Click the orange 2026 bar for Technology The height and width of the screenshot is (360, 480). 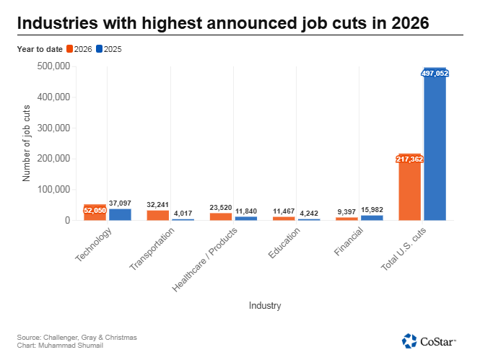(95, 212)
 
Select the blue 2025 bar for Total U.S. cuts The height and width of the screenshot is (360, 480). (435, 144)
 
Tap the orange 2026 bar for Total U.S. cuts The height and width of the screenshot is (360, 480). (409, 187)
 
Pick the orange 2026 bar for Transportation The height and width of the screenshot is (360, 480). (158, 215)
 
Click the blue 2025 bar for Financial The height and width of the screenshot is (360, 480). (372, 218)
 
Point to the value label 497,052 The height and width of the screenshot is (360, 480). (435, 74)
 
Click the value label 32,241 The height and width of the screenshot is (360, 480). (157, 205)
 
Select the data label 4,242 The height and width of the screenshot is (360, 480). (309, 213)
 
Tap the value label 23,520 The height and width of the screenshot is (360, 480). (221, 208)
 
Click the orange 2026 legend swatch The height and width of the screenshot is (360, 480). (69, 49)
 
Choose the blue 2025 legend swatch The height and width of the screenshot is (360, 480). (99, 49)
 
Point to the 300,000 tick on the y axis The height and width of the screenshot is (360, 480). (53, 128)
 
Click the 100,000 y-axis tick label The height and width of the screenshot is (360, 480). (53, 189)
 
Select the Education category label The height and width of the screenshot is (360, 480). (284, 243)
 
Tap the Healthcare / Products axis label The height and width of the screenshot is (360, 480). (204, 260)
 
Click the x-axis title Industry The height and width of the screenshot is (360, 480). (265, 305)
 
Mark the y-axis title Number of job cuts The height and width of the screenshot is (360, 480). (26, 143)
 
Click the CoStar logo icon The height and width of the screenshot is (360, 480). (409, 341)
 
